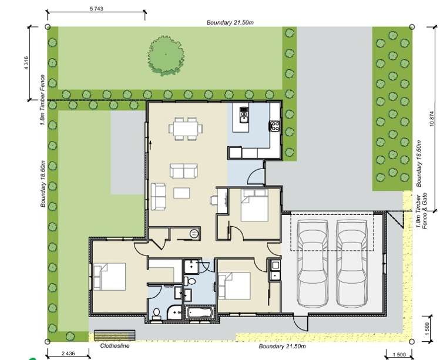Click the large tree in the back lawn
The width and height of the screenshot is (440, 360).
click(x=166, y=55)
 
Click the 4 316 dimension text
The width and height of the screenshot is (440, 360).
click(x=26, y=63)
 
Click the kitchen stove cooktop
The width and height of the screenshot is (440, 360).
click(x=274, y=125)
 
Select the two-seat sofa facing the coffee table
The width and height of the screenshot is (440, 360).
click(x=184, y=170)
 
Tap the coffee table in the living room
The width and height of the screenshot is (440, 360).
click(x=182, y=192)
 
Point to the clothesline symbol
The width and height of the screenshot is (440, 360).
click(x=115, y=335)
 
